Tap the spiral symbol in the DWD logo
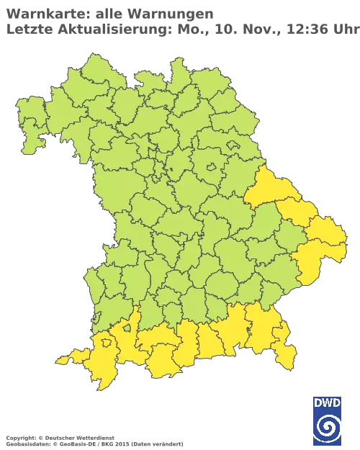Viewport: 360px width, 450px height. click(x=327, y=429)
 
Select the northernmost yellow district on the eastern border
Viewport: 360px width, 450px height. click(x=269, y=189)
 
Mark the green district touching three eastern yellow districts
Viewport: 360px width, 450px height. click(x=284, y=238)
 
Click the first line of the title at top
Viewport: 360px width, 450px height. click(x=108, y=13)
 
